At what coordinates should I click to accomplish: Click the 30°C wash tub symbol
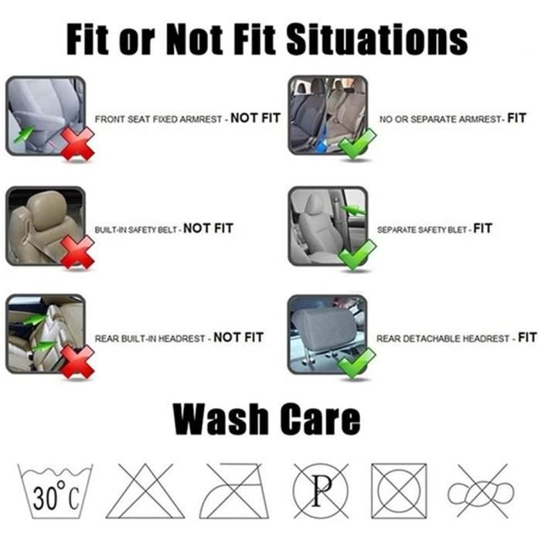(55, 492)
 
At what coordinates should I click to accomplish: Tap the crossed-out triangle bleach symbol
(145, 492)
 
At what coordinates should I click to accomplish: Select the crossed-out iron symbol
(234, 492)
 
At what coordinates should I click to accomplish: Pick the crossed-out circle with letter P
(321, 491)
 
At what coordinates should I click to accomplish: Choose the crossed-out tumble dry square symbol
(399, 491)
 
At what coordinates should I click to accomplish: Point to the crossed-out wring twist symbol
(481, 492)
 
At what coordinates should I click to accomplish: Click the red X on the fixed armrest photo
(77, 144)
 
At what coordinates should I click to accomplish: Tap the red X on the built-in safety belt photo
(77, 253)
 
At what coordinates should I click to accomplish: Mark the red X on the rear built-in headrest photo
(77, 362)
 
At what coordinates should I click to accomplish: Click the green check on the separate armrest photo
(357, 144)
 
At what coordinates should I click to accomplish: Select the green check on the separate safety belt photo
(357, 254)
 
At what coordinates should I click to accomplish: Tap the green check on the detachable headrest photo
(357, 363)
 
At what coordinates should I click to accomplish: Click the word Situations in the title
(377, 39)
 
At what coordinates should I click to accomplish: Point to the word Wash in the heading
(220, 419)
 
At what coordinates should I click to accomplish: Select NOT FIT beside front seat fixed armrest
(255, 118)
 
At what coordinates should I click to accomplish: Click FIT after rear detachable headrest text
(527, 337)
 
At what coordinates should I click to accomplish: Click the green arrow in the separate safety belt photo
(352, 210)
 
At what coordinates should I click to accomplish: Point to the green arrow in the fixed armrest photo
(23, 134)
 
